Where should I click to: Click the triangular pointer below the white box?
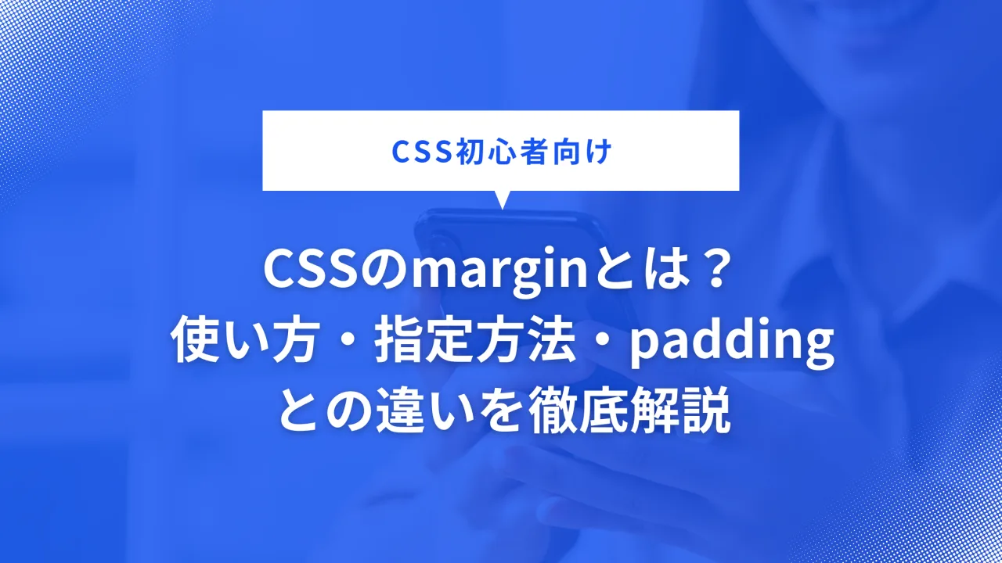pos(501,199)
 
